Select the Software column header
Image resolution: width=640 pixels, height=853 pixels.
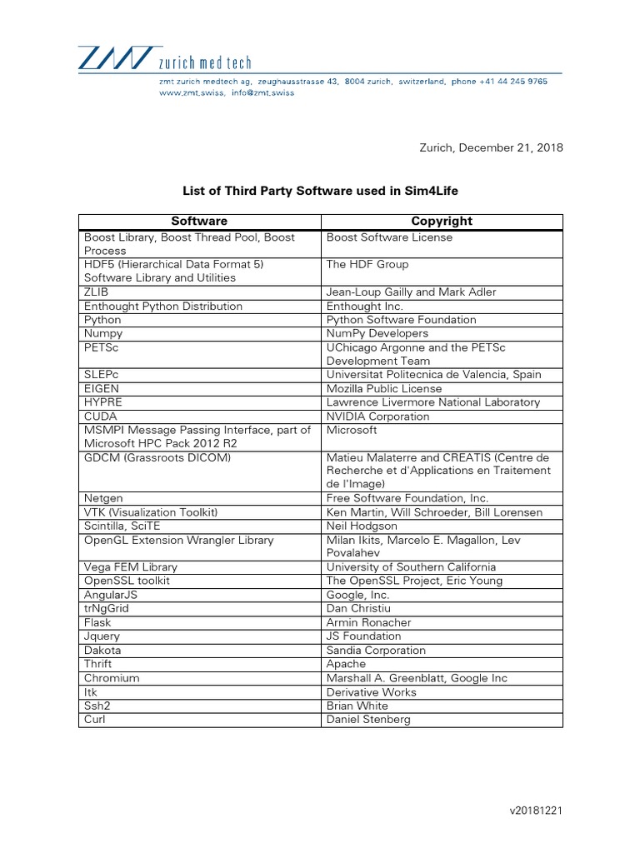[199, 222]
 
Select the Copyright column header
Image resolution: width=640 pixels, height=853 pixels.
[442, 222]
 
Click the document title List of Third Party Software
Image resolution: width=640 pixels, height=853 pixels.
[320, 191]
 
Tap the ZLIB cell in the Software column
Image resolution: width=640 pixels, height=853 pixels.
[97, 292]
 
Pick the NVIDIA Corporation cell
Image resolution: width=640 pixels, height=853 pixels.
[378, 417]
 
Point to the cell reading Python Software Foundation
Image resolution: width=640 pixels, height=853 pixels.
[402, 320]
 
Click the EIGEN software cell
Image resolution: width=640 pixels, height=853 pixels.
[102, 389]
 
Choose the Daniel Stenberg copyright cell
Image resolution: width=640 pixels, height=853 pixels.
[368, 720]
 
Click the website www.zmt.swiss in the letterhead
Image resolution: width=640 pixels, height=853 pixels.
[190, 93]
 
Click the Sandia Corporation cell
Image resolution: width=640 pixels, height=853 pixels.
[376, 651]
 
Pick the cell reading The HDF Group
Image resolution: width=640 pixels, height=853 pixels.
[367, 265]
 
